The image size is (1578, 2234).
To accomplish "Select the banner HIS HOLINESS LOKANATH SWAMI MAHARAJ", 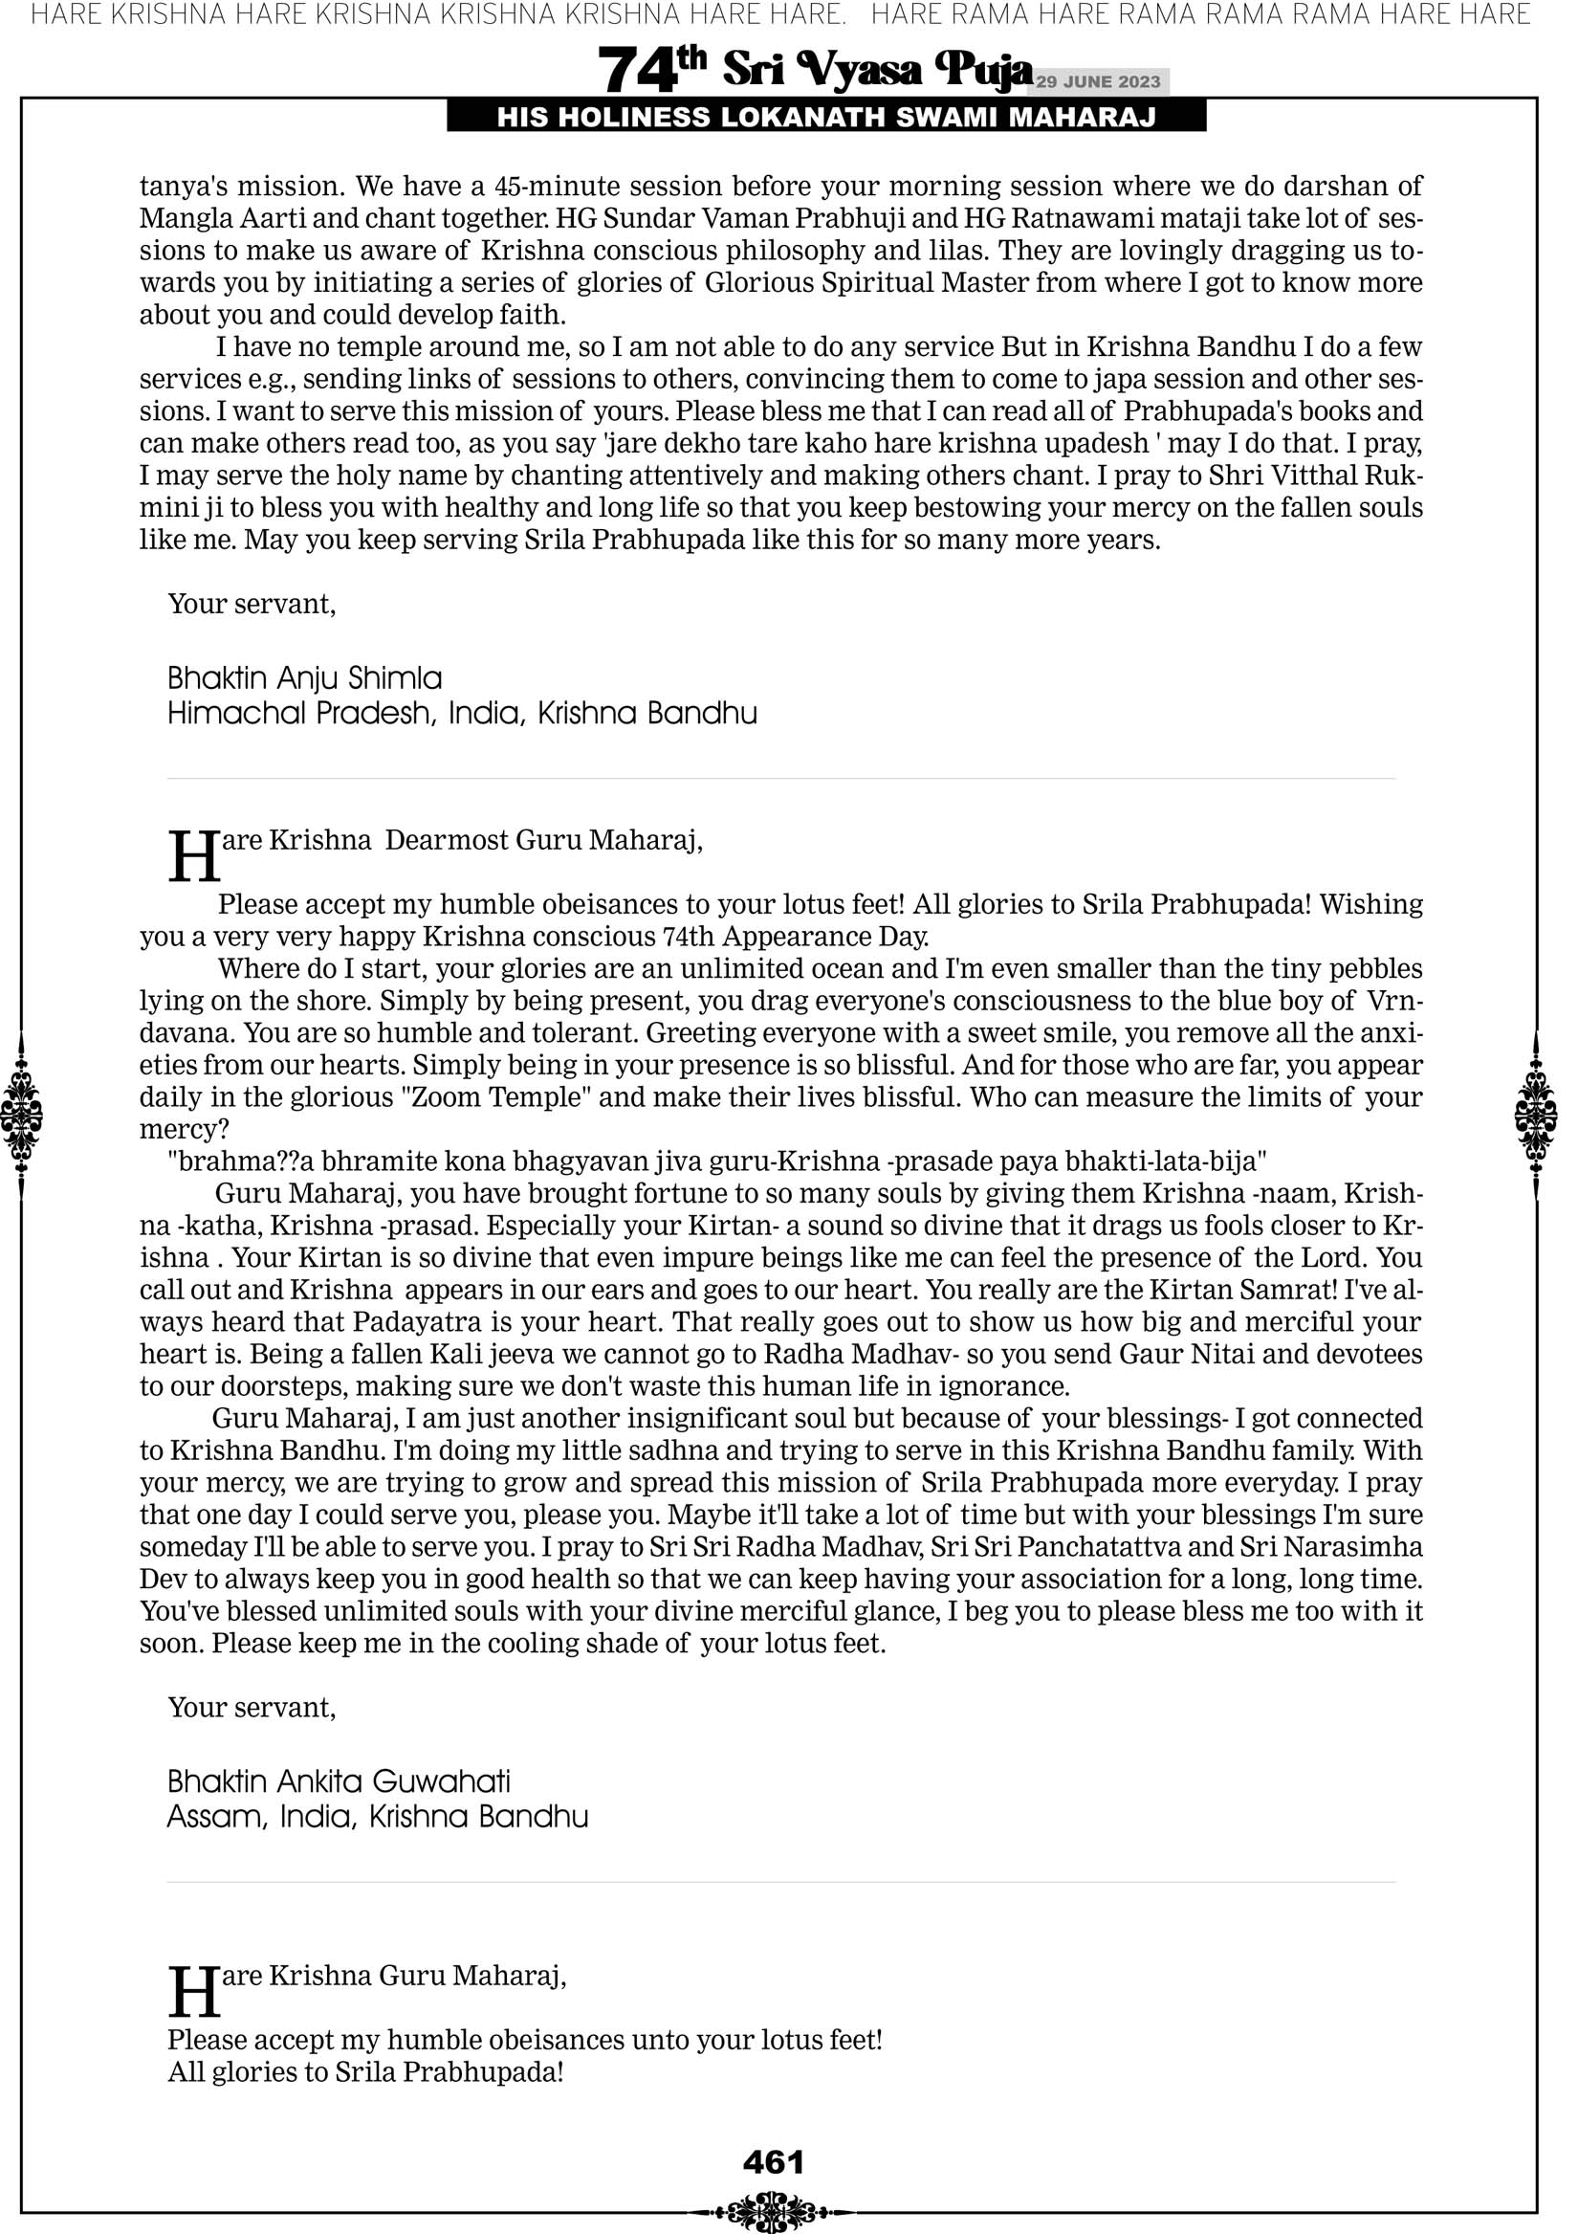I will [x=826, y=118].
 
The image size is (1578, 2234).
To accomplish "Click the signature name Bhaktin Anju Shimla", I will [x=304, y=678].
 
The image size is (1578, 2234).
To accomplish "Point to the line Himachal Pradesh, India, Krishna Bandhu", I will [x=462, y=714].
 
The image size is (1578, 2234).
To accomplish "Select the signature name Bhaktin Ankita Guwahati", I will [x=339, y=1781].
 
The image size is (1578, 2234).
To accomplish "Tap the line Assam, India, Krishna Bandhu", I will [x=378, y=1817].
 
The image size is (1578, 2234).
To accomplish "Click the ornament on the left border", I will [x=21, y=1116].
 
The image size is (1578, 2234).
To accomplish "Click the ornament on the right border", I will [x=1536, y=1116].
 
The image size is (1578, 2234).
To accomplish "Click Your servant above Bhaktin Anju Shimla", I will [x=251, y=605].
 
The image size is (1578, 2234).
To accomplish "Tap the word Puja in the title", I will [x=982, y=69].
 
